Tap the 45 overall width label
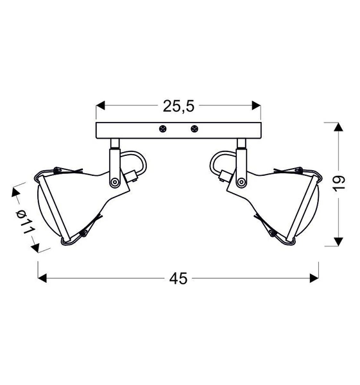[178, 278]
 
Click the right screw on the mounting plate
[194, 129]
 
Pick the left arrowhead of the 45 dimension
[43, 278]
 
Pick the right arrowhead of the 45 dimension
[314, 278]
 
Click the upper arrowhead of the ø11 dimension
[15, 192]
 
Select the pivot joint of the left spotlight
[114, 182]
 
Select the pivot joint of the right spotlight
[243, 182]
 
